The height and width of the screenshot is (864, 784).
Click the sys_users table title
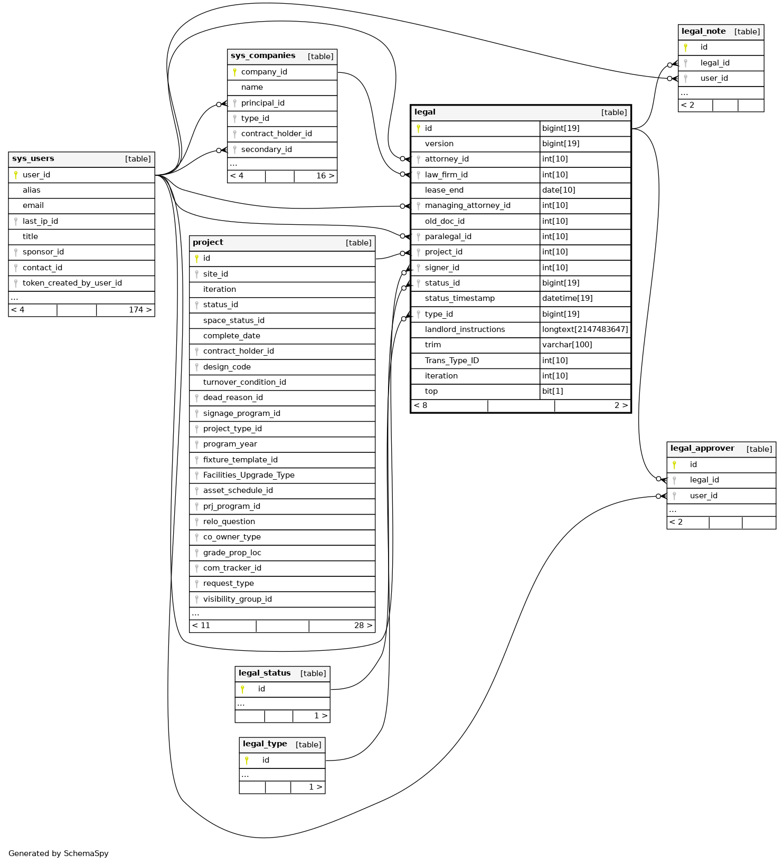33,159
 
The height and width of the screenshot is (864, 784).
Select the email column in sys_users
33,206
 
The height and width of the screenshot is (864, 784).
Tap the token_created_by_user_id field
72,283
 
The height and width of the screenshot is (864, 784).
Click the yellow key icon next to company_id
234,72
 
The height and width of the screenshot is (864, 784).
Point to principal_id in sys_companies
263,103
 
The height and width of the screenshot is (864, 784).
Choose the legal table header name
425,112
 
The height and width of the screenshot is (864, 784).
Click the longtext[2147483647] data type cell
585,330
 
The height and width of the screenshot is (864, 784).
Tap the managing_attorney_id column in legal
468,206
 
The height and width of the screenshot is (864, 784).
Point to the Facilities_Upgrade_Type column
249,476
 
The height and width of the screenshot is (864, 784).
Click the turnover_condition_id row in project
244,383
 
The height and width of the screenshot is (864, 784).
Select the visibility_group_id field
238,600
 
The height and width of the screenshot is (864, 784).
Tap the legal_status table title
265,673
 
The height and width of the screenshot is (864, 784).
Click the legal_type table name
265,744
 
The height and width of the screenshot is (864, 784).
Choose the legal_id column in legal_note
715,63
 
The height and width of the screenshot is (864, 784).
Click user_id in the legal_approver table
703,496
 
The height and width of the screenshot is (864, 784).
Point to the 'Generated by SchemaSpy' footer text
59,853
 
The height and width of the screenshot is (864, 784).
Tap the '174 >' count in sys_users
140,310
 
